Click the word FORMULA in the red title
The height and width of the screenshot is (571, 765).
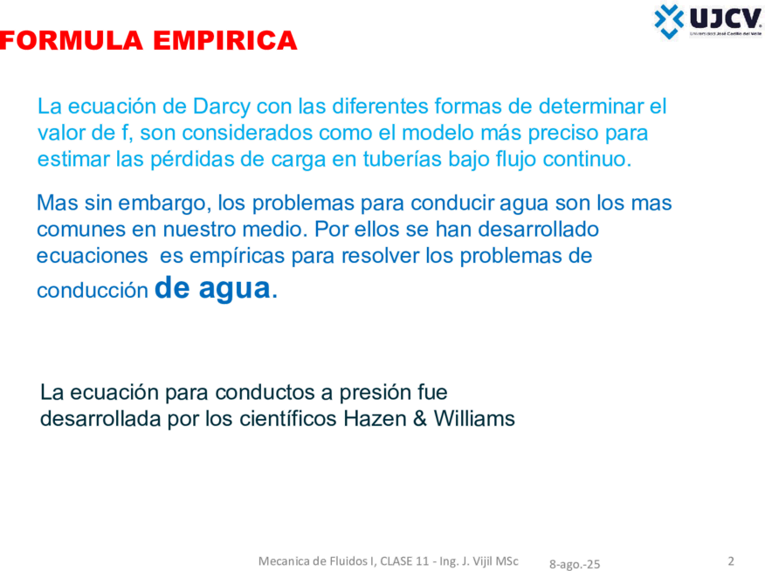coord(72,40)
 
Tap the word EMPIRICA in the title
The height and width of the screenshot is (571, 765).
coord(225,40)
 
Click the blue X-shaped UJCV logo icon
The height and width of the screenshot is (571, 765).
coord(669,21)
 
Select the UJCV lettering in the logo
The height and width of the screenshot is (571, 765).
coord(726,19)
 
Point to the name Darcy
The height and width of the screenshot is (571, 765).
coord(222,107)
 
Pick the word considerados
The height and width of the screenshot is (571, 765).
coord(226,133)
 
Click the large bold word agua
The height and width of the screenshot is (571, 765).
coord(234,289)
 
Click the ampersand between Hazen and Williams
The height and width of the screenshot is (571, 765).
coord(419,419)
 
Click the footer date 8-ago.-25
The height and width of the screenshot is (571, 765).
coord(575,564)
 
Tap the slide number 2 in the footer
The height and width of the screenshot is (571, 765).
coord(731,561)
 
